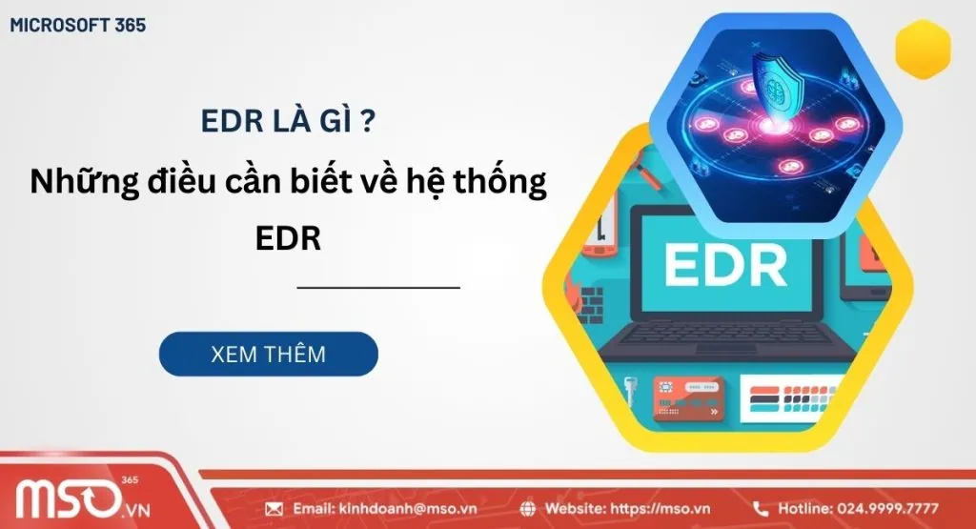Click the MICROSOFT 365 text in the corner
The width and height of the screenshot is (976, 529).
[78, 26]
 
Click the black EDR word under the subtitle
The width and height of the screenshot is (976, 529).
[288, 236]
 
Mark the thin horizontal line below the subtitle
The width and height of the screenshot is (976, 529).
[378, 286]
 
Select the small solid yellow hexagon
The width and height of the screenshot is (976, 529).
[924, 47]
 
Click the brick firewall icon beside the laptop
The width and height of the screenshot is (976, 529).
[590, 305]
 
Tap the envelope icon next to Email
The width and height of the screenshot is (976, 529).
[274, 508]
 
